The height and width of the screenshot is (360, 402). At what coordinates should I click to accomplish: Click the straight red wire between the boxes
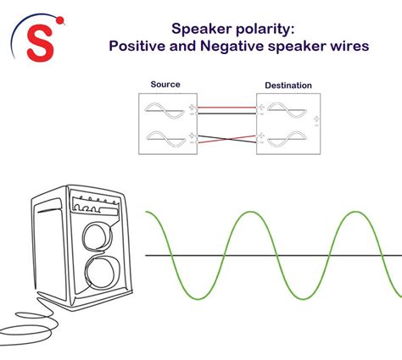pos(226,108)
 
